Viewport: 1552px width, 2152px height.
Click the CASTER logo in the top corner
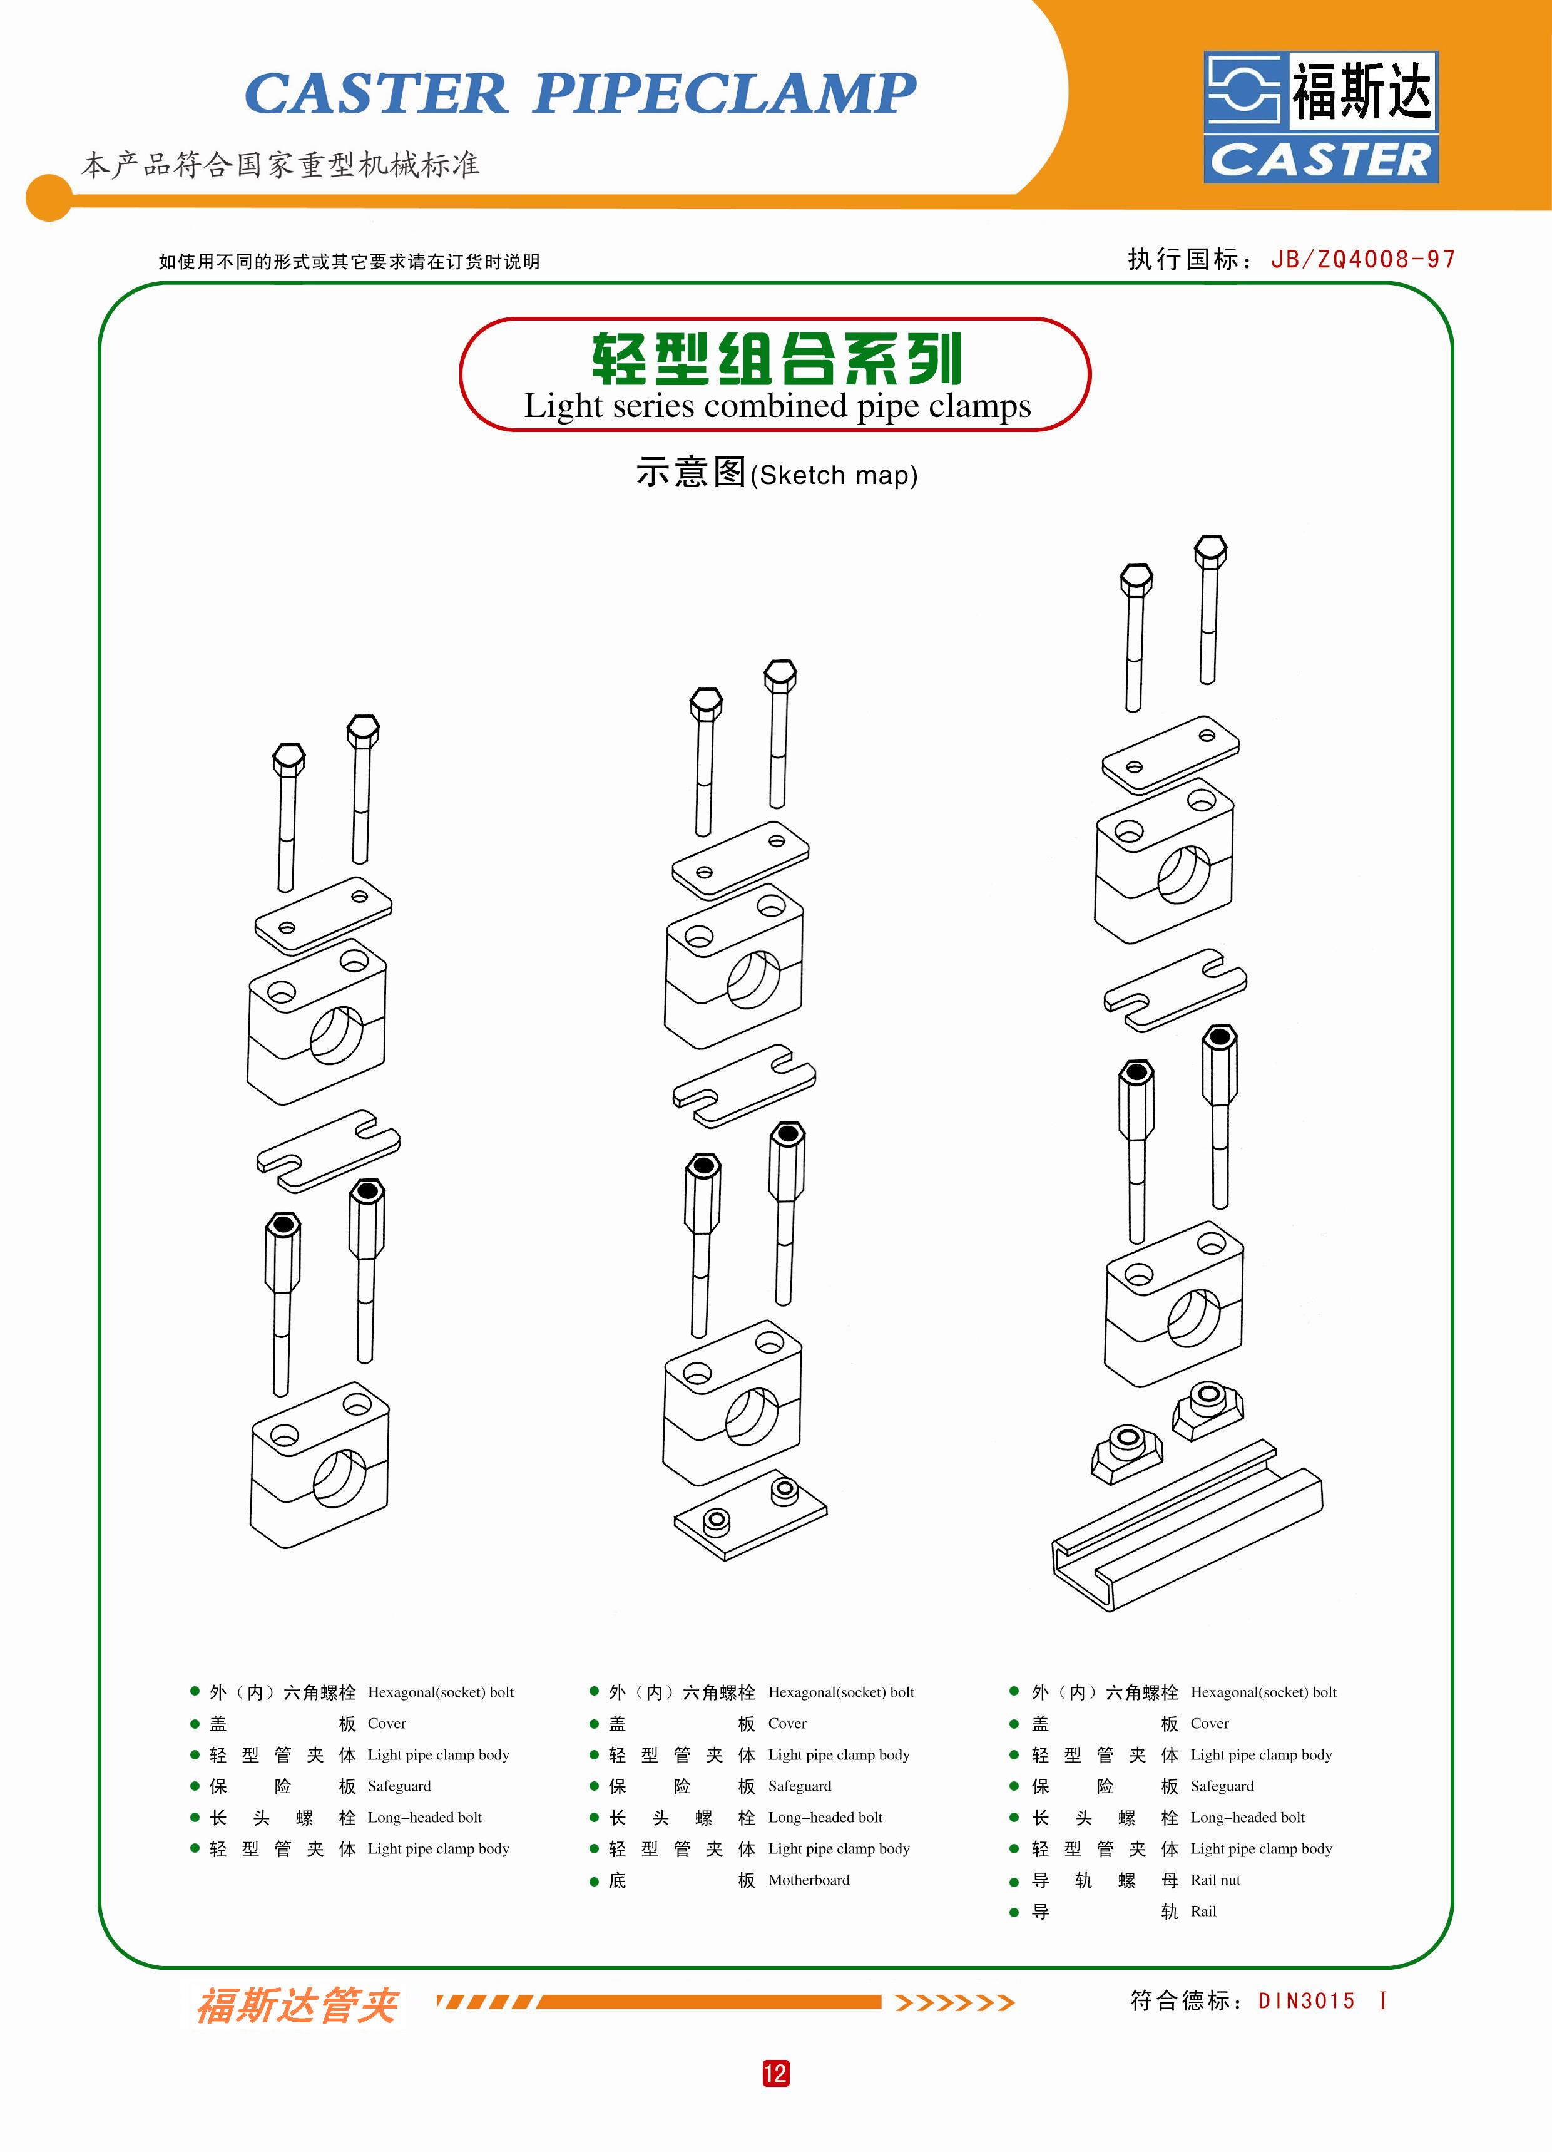coord(1320,116)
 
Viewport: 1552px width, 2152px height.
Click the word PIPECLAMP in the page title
coord(724,93)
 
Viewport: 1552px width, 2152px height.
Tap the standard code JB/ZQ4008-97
coord(1362,259)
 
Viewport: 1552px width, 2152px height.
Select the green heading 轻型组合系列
coord(776,359)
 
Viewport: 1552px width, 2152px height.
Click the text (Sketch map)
coord(834,475)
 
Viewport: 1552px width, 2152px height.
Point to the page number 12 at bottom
coord(775,2073)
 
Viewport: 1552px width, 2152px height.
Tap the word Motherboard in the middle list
coord(809,1880)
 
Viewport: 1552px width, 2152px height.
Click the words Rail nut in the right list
coord(1215,1880)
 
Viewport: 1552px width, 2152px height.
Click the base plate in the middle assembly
coord(750,1515)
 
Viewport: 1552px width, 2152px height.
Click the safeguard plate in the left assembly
coord(328,1149)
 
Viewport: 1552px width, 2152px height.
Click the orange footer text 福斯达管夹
coord(296,2005)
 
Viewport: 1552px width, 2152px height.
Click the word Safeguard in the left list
coord(399,1786)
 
